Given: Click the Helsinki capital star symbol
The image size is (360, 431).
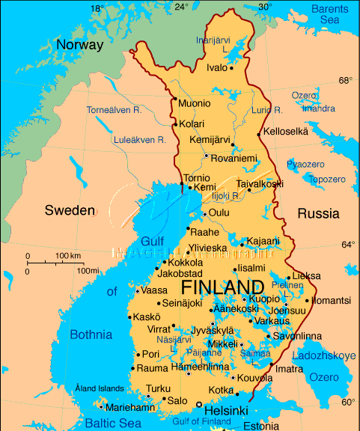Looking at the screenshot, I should click(x=199, y=405).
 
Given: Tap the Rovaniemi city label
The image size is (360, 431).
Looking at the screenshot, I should click(x=234, y=158).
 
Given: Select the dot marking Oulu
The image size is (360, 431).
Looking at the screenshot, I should click(x=204, y=214).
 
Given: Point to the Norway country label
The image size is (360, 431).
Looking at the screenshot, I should click(x=79, y=45).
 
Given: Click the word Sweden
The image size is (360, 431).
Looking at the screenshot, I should click(x=70, y=210).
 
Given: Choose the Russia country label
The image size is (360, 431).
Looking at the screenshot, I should click(x=318, y=213).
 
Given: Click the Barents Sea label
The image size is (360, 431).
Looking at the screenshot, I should click(x=329, y=13).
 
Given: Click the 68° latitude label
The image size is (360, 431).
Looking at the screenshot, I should click(x=345, y=80).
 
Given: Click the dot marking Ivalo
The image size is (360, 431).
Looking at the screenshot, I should click(x=232, y=68).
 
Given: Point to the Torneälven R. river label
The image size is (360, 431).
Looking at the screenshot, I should click(x=114, y=110).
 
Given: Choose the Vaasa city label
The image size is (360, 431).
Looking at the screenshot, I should click(x=153, y=290).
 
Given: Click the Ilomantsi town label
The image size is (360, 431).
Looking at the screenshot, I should click(x=330, y=300).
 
